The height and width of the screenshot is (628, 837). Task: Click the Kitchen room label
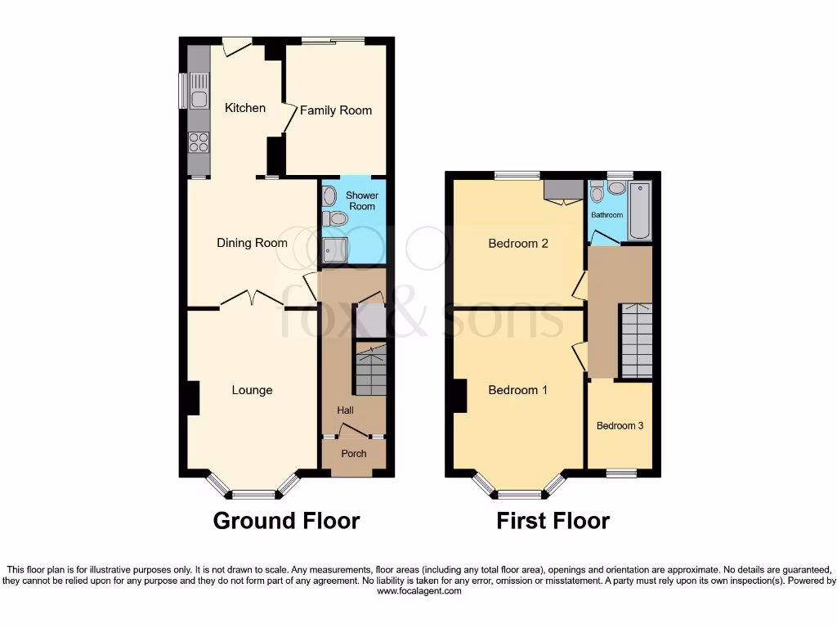(x=245, y=108)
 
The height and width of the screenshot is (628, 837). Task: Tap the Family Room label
(x=335, y=110)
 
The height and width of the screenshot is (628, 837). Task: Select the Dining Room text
(x=252, y=243)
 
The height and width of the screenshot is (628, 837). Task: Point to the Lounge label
(x=252, y=390)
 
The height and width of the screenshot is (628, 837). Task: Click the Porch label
(x=353, y=454)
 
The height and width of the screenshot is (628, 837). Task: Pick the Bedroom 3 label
(x=620, y=426)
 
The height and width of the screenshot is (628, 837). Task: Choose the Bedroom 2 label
(x=517, y=243)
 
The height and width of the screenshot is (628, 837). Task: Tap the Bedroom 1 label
(x=517, y=390)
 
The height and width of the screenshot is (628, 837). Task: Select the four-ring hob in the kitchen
(x=199, y=143)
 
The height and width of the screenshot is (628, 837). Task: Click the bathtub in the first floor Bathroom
(x=638, y=212)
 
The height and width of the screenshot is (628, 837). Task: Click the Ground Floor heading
(x=286, y=521)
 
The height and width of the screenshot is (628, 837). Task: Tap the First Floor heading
(x=553, y=521)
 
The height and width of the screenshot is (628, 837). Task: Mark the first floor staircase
(x=635, y=339)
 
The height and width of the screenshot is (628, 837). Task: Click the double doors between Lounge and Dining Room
(x=252, y=299)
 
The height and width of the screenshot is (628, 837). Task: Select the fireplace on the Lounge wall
(x=192, y=397)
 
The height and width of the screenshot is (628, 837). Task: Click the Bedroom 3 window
(x=621, y=473)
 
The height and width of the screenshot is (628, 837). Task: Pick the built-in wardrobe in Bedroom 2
(x=563, y=191)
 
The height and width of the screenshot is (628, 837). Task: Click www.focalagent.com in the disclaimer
(x=418, y=590)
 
